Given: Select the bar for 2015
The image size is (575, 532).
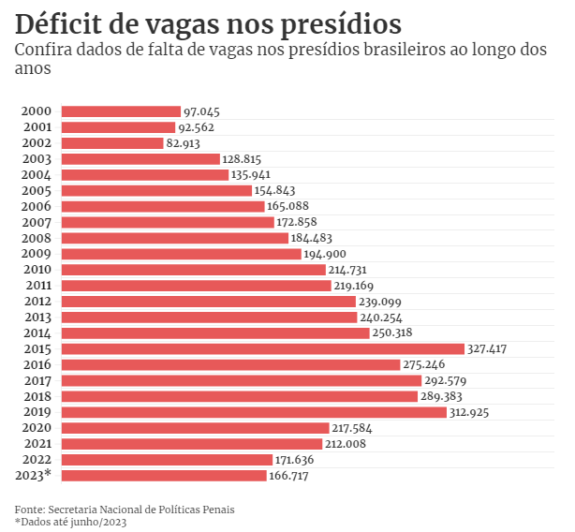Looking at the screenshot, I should [263, 348].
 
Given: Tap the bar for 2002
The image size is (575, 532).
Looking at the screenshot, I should [112, 143].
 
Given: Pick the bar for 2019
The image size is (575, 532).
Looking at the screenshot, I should [254, 412].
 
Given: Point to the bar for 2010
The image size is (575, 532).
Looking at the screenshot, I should [194, 270].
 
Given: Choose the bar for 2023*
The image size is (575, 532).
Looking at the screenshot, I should [164, 476].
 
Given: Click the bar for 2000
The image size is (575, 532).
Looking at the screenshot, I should [121, 111].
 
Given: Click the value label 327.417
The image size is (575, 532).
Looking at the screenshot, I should [487, 348].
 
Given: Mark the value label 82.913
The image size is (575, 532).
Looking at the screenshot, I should [185, 143].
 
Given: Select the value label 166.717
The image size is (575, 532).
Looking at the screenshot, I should [288, 476].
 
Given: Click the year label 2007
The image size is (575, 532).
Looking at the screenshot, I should [37, 222].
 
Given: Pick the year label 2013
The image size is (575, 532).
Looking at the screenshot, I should [37, 317].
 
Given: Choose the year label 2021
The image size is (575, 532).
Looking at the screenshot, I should [37, 444].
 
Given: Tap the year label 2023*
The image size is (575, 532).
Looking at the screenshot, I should [34, 476].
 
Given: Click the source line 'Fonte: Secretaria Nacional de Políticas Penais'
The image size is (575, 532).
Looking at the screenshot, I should [125, 510].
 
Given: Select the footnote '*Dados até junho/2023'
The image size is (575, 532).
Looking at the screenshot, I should [70, 522].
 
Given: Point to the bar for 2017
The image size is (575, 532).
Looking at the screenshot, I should [242, 380].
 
